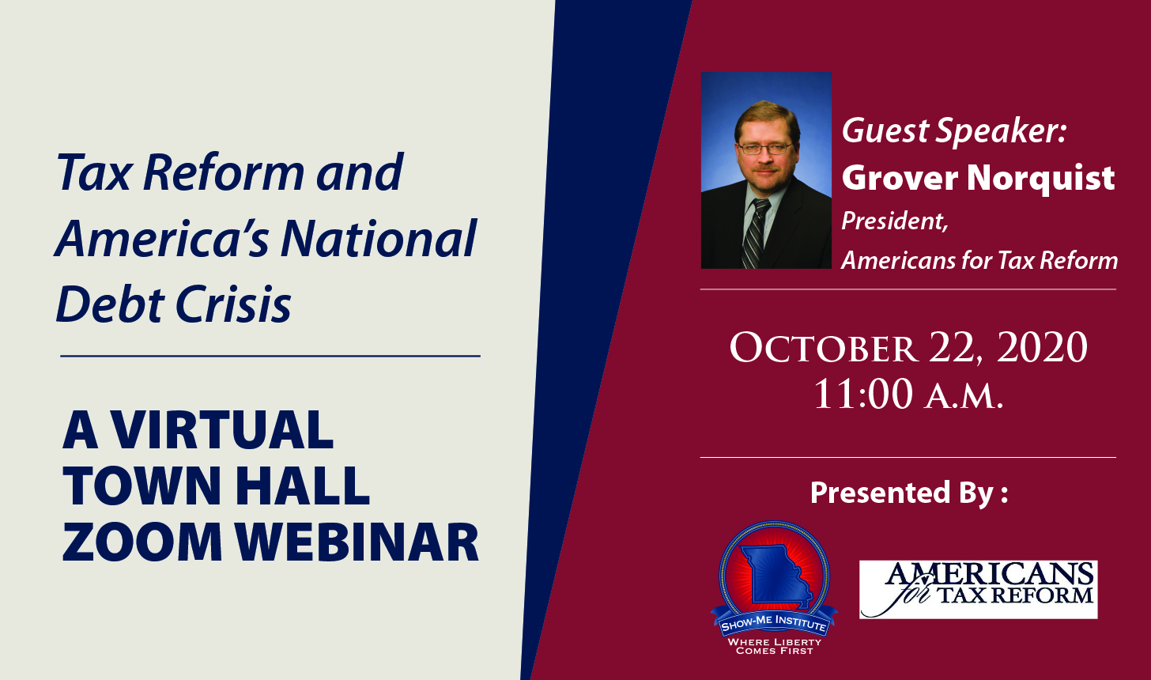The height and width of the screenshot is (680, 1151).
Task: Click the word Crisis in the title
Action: (x=234, y=304)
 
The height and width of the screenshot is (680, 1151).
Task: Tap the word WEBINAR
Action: (x=357, y=542)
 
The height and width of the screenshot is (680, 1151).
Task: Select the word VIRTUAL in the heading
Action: (x=223, y=429)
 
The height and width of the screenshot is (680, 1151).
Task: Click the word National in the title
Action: (x=379, y=239)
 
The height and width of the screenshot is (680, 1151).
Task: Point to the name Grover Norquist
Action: (x=978, y=179)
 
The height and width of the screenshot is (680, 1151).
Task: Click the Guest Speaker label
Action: (x=954, y=131)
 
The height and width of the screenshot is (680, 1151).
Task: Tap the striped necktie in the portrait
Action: (x=756, y=232)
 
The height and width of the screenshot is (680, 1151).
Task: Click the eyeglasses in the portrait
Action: (x=765, y=149)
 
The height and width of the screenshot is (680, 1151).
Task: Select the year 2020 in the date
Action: (x=1042, y=348)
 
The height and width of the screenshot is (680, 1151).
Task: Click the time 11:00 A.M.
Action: (x=908, y=395)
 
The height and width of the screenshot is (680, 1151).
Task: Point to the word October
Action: (x=824, y=348)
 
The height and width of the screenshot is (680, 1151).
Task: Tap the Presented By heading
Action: (x=909, y=493)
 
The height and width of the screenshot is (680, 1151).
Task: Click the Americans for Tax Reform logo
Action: (x=979, y=590)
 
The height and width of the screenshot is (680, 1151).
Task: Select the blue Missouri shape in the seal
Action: (x=775, y=573)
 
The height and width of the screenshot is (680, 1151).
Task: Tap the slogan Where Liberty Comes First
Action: (x=775, y=646)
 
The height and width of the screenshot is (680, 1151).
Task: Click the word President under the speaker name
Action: (x=895, y=221)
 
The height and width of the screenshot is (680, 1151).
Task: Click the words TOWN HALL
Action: (x=216, y=485)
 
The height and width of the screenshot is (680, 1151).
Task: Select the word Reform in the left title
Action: (x=224, y=172)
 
